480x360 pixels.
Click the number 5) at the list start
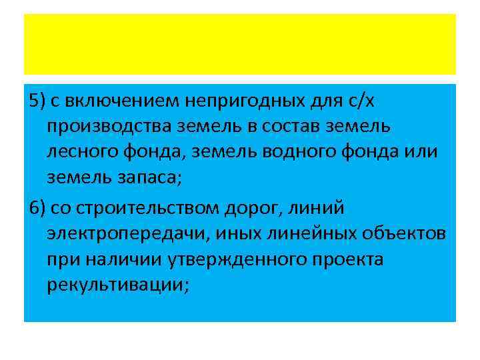(x=37, y=101)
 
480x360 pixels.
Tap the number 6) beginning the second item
(x=37, y=208)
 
